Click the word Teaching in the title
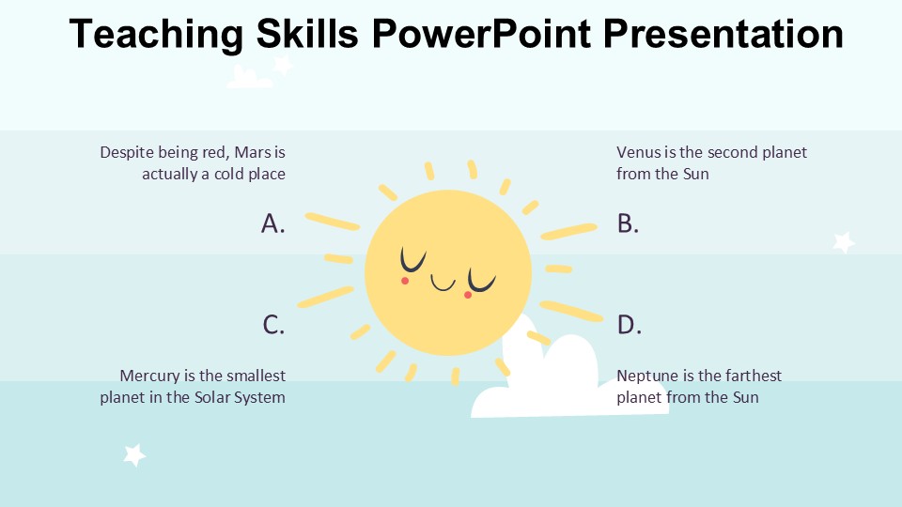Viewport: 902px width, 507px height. (155, 34)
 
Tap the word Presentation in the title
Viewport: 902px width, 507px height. (723, 34)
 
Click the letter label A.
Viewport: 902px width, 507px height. (272, 223)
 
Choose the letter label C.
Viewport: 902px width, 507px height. (273, 325)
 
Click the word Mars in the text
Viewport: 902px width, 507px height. (252, 152)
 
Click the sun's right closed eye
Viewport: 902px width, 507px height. (482, 281)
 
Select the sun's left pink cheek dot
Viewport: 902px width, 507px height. (405, 280)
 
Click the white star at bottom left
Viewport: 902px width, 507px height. (134, 455)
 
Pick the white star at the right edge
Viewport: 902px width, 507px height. (844, 242)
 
